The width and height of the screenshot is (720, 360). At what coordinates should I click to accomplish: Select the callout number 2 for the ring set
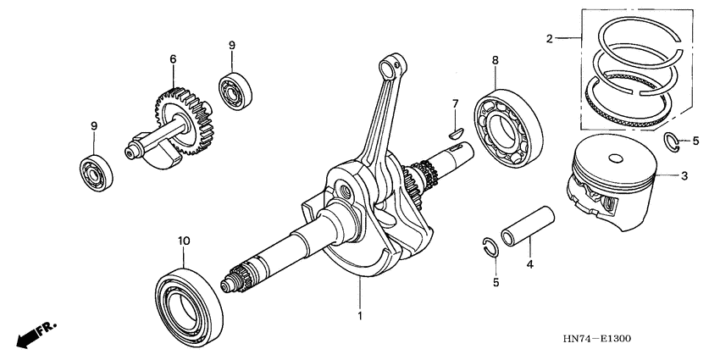click(x=550, y=38)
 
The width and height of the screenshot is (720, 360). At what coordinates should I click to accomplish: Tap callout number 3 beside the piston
click(x=684, y=176)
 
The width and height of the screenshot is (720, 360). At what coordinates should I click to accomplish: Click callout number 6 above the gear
click(x=173, y=59)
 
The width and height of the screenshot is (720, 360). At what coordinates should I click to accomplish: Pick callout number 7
click(x=454, y=103)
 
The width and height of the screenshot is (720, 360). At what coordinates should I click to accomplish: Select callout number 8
click(x=496, y=60)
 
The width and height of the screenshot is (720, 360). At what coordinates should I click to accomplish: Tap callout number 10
click(x=181, y=241)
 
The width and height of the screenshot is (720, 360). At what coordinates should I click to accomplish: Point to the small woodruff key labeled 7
click(x=454, y=130)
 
